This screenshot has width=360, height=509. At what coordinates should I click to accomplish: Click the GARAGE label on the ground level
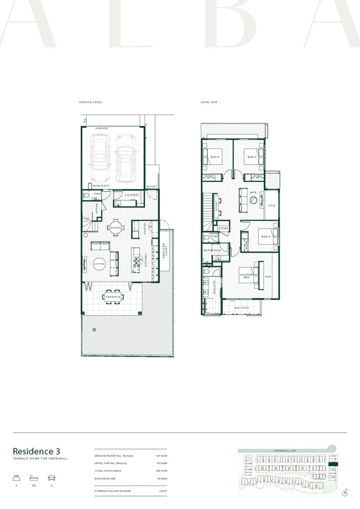(102, 128)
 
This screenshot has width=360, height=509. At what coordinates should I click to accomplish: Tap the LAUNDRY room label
(131, 195)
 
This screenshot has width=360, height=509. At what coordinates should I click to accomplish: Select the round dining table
(115, 228)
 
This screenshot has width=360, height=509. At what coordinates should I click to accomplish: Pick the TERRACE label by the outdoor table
(113, 297)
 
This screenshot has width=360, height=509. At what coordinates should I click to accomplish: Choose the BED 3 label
(215, 157)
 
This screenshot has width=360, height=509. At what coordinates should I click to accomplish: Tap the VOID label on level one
(271, 205)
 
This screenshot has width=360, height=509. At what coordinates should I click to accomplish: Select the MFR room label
(253, 192)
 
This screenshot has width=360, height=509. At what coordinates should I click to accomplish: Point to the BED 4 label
(265, 236)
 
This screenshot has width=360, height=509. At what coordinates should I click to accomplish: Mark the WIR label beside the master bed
(268, 277)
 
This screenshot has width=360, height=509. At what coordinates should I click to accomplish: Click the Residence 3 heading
(36, 451)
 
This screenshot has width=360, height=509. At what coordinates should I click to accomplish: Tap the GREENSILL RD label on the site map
(284, 451)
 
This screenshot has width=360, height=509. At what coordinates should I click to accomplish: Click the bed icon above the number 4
(16, 477)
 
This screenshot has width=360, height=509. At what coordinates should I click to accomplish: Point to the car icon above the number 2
(51, 477)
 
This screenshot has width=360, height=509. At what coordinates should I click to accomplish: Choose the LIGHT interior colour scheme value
(163, 491)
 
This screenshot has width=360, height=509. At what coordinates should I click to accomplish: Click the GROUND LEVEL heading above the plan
(90, 102)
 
